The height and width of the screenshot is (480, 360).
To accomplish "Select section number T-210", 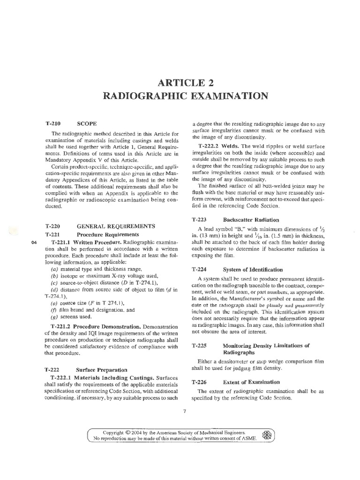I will pos(53,123).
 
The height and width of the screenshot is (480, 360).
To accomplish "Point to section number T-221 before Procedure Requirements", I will pos(53,234).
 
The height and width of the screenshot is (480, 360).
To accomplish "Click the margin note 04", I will pos(33,242).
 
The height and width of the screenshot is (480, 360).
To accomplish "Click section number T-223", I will pos(200,219).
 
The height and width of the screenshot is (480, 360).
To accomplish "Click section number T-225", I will pos(200,332).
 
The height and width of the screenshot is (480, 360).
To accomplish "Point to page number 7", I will pos(185,411).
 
